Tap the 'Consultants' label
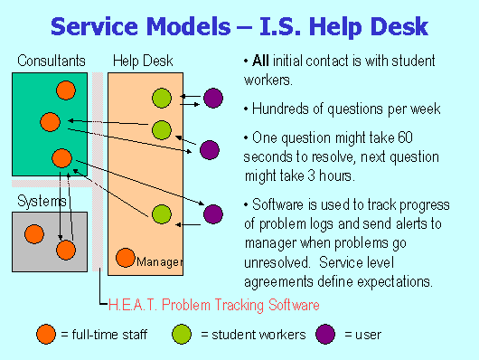tap(52, 62)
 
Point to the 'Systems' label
tap(42, 200)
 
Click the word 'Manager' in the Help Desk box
tap(159, 262)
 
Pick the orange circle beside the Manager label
tap(126, 259)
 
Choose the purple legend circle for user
tap(325, 335)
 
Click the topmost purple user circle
tap(213, 98)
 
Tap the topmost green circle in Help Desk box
tap(161, 97)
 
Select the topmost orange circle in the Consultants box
tap(65, 90)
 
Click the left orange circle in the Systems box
tap(34, 234)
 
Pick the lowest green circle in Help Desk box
tap(161, 214)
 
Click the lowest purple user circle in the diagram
tap(213, 214)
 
